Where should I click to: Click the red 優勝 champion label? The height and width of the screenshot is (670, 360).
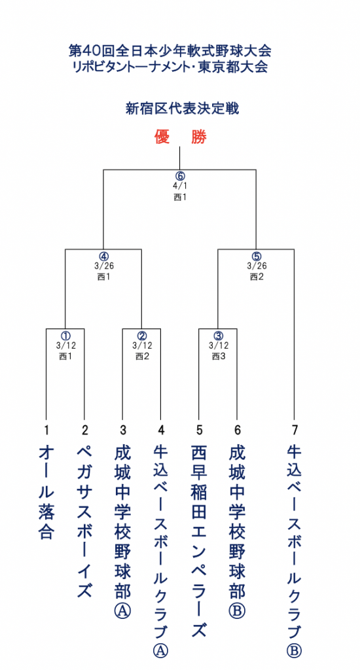pos(181,137)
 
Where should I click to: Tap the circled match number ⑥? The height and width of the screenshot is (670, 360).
pos(179,176)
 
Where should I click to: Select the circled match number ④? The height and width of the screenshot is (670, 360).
pos(103,256)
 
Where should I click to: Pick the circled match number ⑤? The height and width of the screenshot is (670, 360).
pos(256,256)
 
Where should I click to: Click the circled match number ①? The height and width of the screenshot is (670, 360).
pos(65,336)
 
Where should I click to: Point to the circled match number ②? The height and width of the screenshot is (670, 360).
pos(142,336)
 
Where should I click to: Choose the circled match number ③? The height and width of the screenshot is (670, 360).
pos(218,336)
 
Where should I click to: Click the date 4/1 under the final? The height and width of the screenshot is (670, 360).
pos(179,186)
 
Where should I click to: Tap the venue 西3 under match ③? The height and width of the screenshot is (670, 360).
pos(218,356)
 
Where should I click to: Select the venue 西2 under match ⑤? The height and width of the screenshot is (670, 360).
pos(257,277)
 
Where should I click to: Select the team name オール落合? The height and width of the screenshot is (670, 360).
pos(46,491)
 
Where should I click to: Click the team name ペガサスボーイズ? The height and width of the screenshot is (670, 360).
pos(84,521)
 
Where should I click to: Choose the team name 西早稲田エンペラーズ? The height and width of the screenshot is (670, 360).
pos(199,540)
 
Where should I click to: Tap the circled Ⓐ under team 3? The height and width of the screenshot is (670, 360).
pos(122,612)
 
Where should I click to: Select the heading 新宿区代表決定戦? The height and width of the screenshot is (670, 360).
pos(182,109)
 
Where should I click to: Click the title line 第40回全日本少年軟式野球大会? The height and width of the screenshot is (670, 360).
pos(170,51)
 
